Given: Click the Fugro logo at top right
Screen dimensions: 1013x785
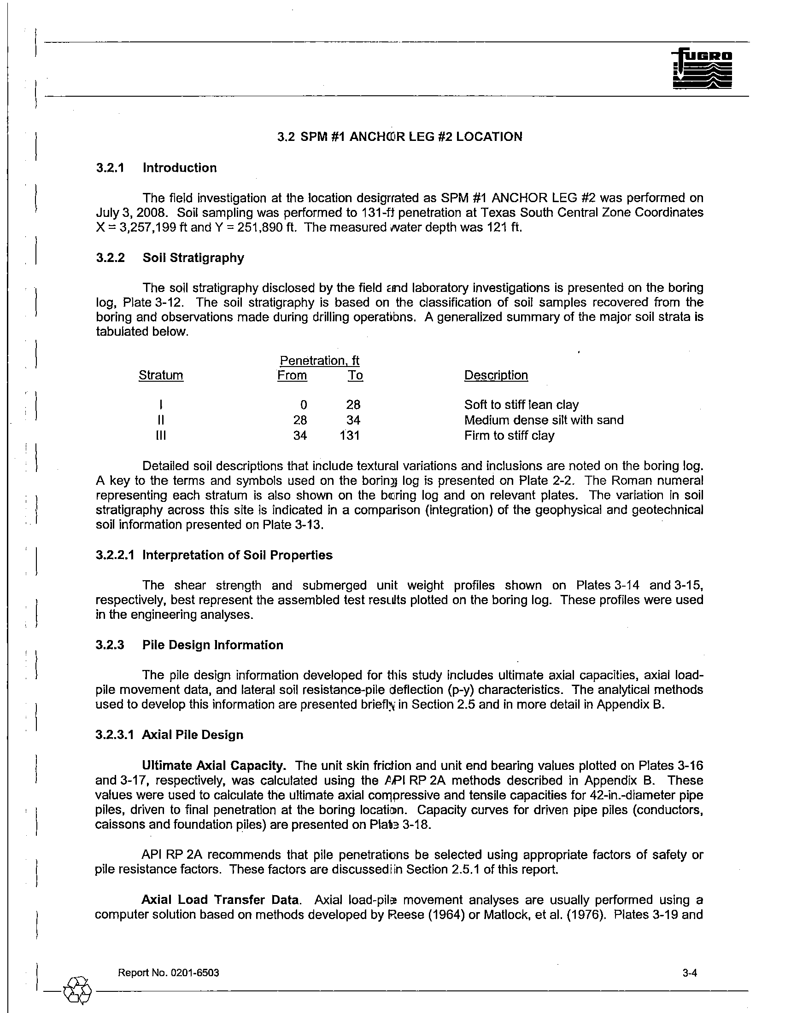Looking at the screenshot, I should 702,69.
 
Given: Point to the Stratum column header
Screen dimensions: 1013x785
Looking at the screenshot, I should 161,375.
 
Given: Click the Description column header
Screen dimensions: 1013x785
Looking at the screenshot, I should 496,375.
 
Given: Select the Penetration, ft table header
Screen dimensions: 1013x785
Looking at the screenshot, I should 320,361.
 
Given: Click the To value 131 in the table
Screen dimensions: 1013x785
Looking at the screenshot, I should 350,436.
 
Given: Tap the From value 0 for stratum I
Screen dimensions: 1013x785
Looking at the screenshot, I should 304,405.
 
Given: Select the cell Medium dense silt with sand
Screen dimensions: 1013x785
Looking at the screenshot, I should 544,420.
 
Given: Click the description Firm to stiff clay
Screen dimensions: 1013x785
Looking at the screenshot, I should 509,436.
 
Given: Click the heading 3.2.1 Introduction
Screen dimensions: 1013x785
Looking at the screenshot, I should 156,168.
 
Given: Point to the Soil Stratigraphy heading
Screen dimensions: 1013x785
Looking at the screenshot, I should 193,258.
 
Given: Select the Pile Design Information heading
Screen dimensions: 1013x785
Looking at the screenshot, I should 212,645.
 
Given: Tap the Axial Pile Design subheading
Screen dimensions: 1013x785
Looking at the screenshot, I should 193,735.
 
